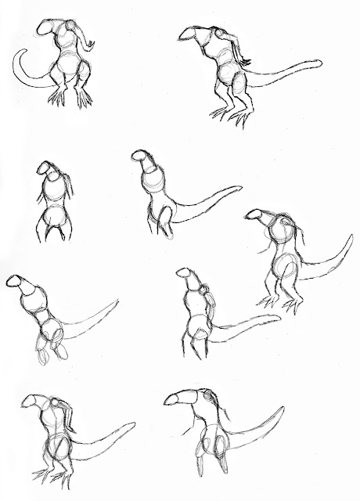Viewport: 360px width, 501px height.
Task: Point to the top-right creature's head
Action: [x=193, y=33]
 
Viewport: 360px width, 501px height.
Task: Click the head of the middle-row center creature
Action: [x=143, y=159]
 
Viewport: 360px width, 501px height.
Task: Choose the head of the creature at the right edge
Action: [x=257, y=214]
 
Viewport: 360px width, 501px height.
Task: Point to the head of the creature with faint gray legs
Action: [x=15, y=283]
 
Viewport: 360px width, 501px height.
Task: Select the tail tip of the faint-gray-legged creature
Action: [x=117, y=301]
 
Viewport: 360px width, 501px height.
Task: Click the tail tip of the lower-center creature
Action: [x=279, y=317]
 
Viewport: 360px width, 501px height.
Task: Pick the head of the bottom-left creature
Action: [x=34, y=403]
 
